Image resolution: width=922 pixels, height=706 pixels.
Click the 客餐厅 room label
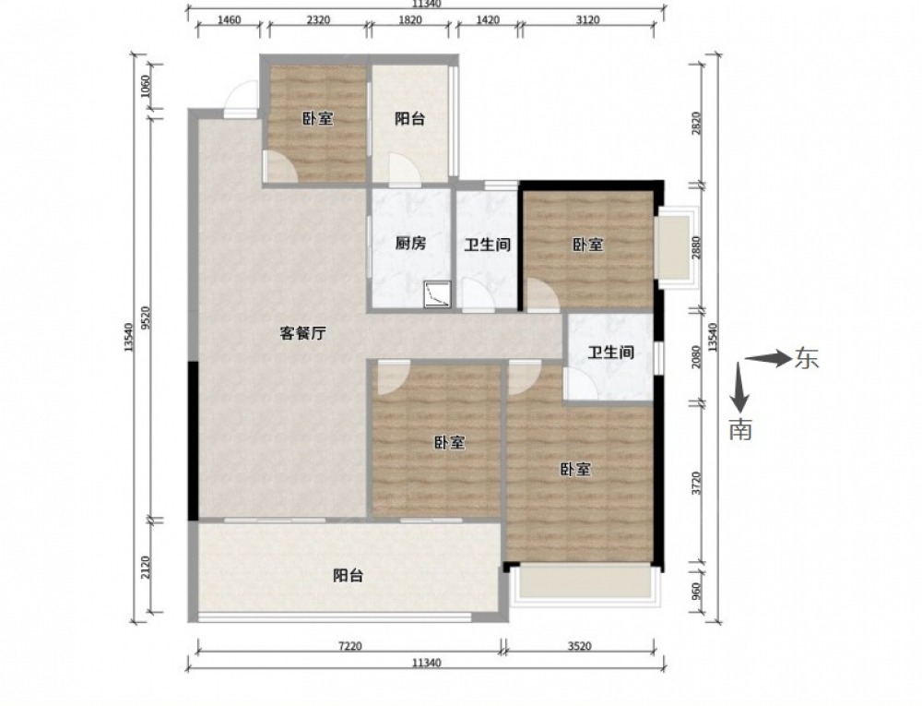[x=302, y=334]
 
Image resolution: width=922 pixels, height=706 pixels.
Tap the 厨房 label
[x=410, y=243]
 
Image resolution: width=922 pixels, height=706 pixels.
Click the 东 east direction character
[x=807, y=358]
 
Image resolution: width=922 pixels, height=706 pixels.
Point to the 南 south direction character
[x=740, y=429]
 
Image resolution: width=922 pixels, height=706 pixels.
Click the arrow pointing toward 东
[x=769, y=358]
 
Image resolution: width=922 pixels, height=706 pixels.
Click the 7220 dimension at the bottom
[x=349, y=646]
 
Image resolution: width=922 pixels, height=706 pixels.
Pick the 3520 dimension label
[x=579, y=646]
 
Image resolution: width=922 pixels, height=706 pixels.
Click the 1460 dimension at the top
[x=229, y=20]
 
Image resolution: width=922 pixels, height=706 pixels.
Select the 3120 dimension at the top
[x=587, y=20]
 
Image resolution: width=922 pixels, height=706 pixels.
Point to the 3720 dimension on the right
[x=696, y=483]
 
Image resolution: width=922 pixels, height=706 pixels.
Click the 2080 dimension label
[x=696, y=356]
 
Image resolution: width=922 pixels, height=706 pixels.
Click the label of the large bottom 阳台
[x=349, y=575]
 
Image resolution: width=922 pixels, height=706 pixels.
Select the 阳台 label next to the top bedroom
[x=410, y=119]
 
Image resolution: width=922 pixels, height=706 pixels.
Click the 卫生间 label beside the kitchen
[x=488, y=245]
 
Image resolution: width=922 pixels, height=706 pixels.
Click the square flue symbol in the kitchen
[x=439, y=294]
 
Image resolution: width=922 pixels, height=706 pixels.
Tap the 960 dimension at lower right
[x=696, y=590]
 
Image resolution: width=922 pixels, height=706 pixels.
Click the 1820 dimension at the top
[x=410, y=20]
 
